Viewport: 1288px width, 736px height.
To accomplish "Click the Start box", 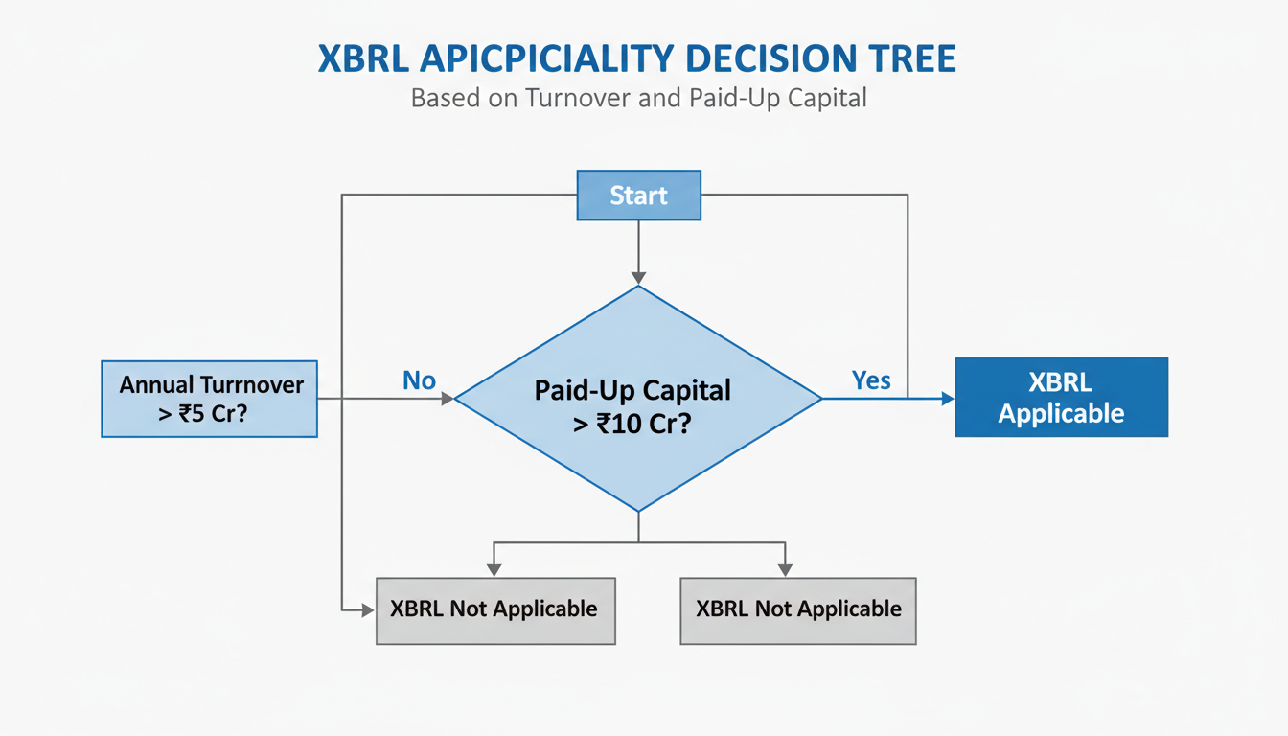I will tap(638, 195).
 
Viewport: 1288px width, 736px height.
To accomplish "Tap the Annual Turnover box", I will tap(209, 399).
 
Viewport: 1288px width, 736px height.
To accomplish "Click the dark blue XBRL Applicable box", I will tap(1061, 397).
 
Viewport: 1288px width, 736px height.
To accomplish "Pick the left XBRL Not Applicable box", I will tap(494, 609).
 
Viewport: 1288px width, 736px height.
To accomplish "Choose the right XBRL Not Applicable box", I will tap(797, 609).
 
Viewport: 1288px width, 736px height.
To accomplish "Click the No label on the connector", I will tap(419, 380).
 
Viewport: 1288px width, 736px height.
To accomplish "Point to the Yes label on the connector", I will tap(870, 380).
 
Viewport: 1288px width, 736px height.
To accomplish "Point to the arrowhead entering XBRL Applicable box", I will tap(948, 399).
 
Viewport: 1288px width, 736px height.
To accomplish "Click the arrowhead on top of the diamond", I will tap(637, 277).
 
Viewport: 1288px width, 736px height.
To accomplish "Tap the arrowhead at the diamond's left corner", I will tap(447, 399).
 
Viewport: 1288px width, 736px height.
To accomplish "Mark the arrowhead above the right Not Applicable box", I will tap(785, 570).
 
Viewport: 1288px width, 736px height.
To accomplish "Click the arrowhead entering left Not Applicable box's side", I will tap(368, 609).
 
